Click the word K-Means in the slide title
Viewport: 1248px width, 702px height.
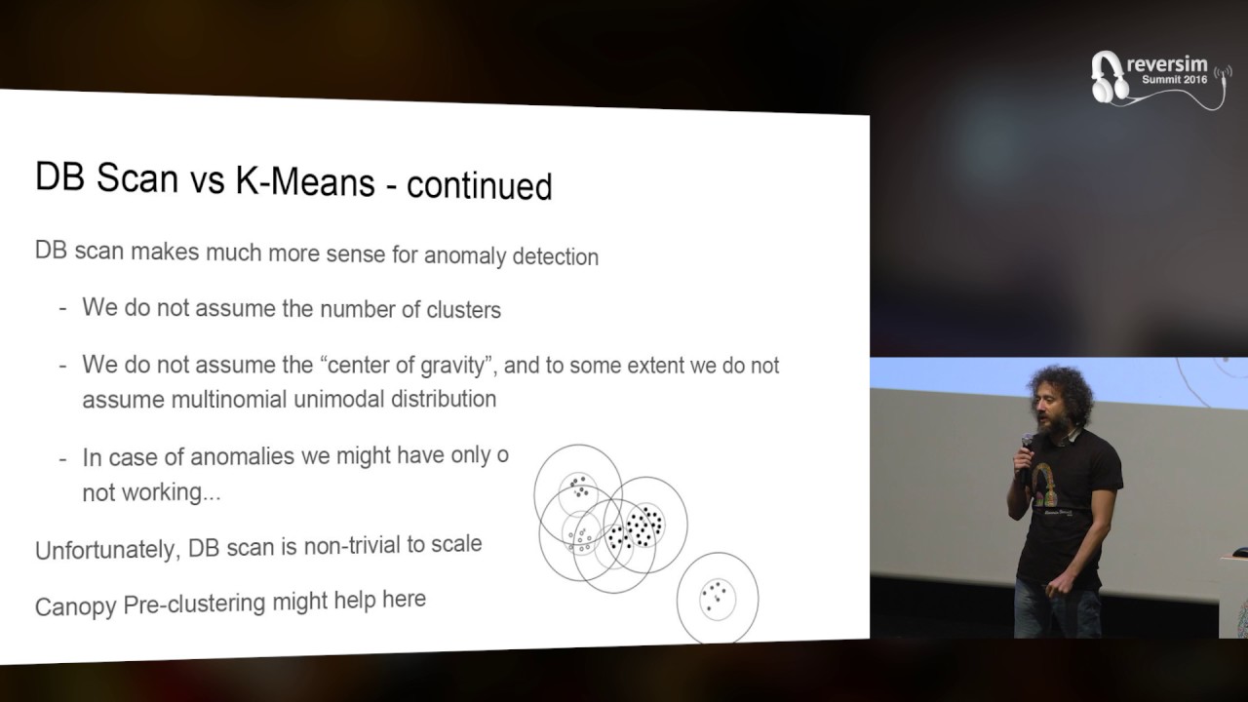pyautogui.click(x=304, y=179)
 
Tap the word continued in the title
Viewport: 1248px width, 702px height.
pyautogui.click(x=479, y=184)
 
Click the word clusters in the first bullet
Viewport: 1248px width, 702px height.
pyautogui.click(x=463, y=310)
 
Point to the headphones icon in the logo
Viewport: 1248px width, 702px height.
pyautogui.click(x=1108, y=76)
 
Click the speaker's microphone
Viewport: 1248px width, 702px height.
pyautogui.click(x=1028, y=445)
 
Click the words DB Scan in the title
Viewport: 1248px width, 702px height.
pyautogui.click(x=106, y=175)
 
